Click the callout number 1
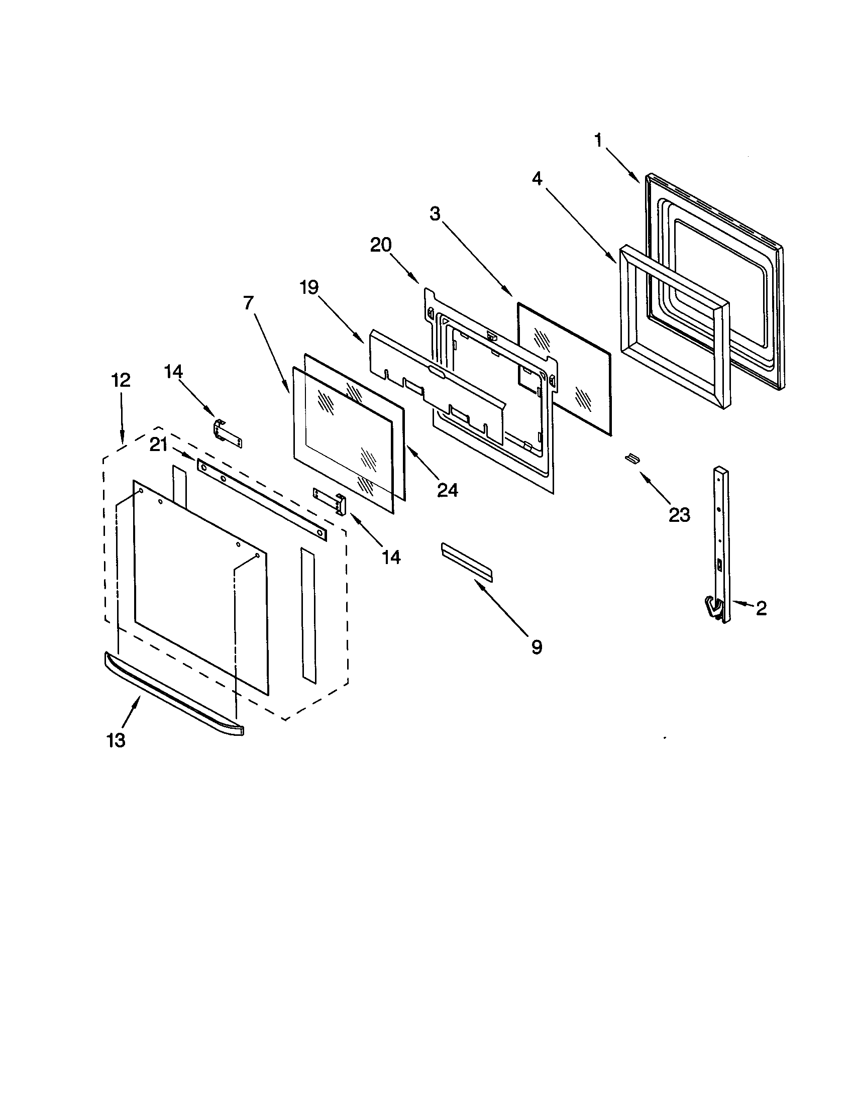coord(598,140)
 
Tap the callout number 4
coord(537,178)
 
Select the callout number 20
coord(381,245)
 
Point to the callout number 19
coord(308,287)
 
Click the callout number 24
coord(448,490)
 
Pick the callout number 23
coord(679,514)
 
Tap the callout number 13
coord(116,740)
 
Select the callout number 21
coord(159,445)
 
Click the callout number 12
coord(121,380)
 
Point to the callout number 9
coord(537,646)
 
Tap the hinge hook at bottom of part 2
coord(713,608)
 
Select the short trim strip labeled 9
coord(467,562)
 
